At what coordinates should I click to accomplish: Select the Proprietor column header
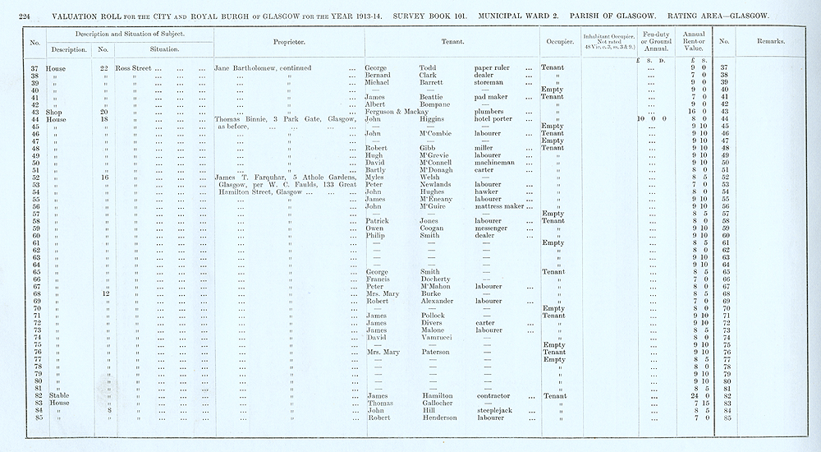[x=289, y=41]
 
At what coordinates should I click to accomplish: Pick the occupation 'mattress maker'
[x=501, y=206]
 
